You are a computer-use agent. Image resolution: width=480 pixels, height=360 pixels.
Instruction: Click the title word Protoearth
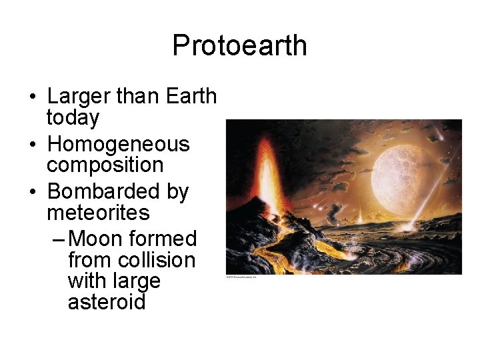click(239, 46)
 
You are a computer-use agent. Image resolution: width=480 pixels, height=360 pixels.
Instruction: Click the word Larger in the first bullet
click(79, 97)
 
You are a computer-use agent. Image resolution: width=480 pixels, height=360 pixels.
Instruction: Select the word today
click(73, 118)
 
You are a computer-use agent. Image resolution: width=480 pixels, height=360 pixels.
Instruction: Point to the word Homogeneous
click(119, 144)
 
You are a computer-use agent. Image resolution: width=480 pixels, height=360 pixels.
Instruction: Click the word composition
click(105, 165)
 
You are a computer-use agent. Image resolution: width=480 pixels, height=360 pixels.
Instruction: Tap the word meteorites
click(98, 213)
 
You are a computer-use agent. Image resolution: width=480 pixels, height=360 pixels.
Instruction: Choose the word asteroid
click(107, 302)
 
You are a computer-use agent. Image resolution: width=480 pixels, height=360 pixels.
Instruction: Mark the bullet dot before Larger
click(32, 97)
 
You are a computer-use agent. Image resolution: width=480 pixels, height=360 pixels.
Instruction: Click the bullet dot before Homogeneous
click(32, 145)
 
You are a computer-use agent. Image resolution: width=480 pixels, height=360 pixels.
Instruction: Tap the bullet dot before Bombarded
click(32, 193)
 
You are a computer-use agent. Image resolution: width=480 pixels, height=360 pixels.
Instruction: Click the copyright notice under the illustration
click(241, 277)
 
